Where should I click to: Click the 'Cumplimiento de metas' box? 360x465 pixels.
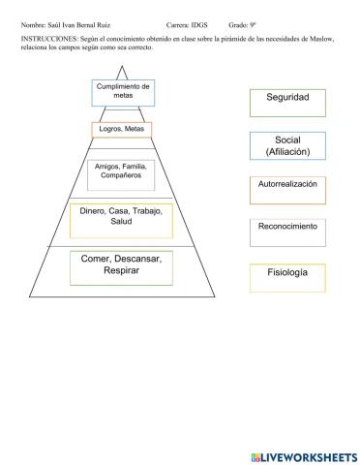click(x=123, y=92)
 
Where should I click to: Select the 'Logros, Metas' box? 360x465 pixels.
click(x=122, y=129)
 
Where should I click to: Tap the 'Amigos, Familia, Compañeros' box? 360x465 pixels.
click(x=120, y=173)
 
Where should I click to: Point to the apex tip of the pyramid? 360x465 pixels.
click(x=122, y=66)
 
